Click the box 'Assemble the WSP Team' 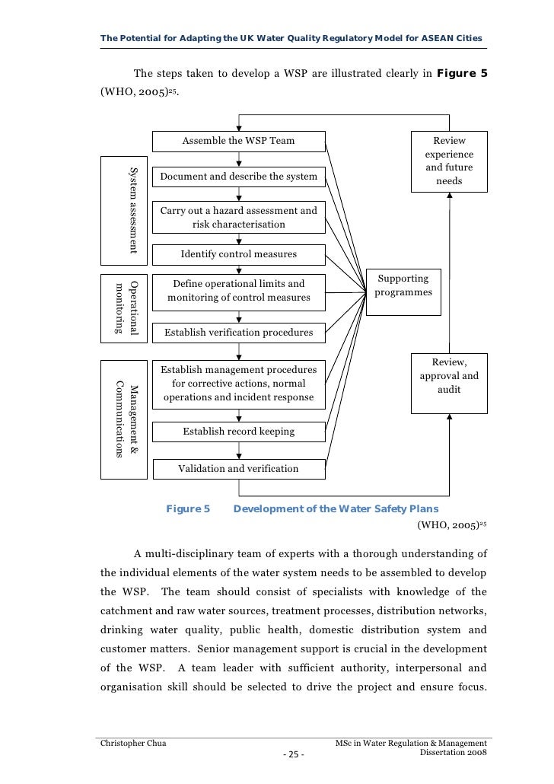pos(239,141)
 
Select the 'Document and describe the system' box pos(239,177)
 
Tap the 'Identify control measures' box pos(239,253)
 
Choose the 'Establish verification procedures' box pos(239,333)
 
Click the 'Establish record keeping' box pos(239,432)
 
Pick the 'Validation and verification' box pos(239,469)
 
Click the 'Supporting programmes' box pos(403,285)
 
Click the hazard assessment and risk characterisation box pos(239,217)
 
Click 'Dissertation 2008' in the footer pos(452,753)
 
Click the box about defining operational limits pos(239,291)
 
